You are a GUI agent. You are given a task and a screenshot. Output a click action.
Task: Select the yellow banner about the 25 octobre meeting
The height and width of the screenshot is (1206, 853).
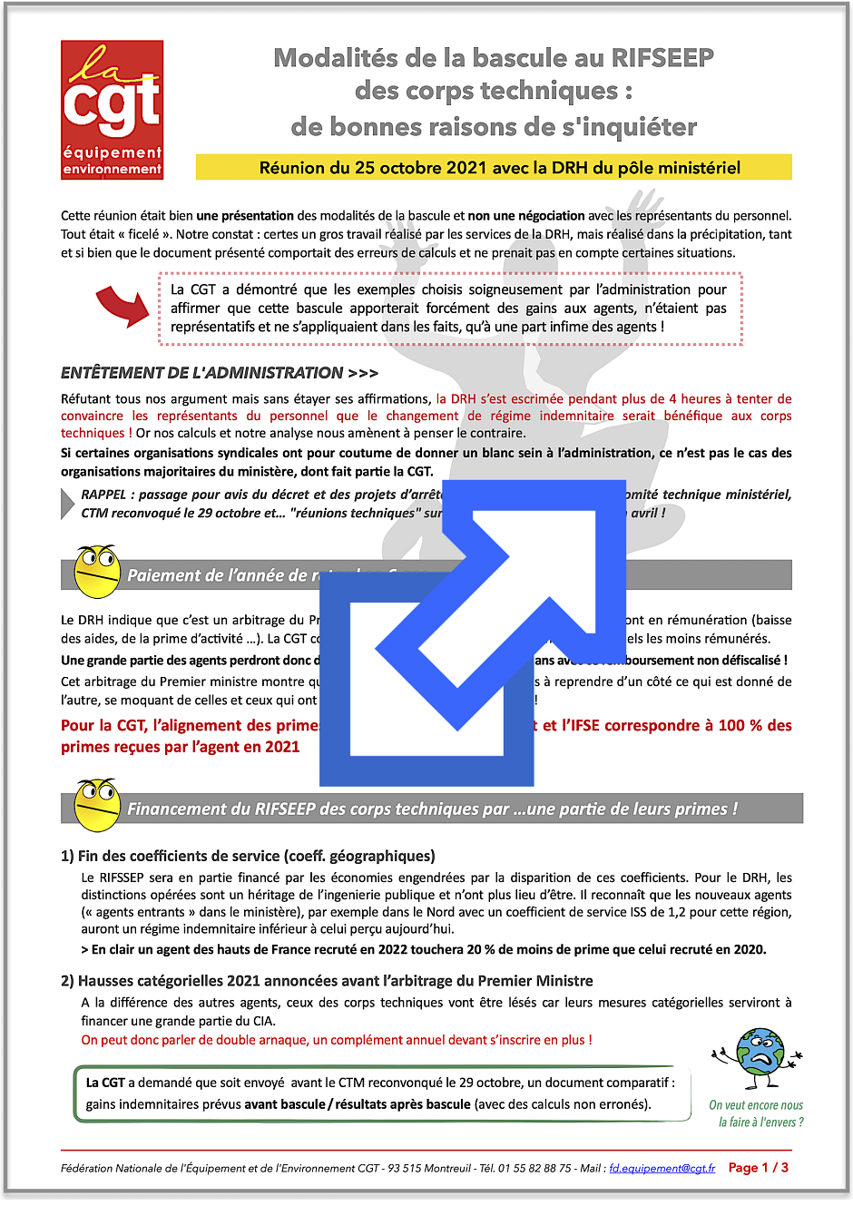coord(494,168)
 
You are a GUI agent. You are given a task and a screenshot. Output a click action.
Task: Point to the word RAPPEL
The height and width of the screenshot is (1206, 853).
coord(103,495)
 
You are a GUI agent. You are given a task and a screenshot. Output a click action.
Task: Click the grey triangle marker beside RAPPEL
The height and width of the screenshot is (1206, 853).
coord(66,504)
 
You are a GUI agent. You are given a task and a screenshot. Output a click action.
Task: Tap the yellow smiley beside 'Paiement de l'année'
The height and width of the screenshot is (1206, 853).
coord(97,573)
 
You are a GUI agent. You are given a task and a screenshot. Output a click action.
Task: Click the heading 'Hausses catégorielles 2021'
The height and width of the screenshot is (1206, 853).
coord(335,981)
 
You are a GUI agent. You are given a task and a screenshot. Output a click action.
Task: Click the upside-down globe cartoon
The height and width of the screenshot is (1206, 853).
coord(759,1058)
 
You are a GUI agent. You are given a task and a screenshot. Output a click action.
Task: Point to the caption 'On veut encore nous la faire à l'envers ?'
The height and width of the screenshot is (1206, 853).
coord(756,1113)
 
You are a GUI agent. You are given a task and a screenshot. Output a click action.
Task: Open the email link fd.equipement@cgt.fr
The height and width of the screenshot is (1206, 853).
coord(662,1169)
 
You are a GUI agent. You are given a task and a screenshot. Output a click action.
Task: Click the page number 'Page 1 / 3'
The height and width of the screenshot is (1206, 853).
coord(758,1168)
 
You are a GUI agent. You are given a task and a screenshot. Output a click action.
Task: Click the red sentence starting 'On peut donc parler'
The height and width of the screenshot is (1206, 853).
coord(336,1040)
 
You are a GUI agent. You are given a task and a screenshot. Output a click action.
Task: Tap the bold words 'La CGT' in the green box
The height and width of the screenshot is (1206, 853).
coord(105,1083)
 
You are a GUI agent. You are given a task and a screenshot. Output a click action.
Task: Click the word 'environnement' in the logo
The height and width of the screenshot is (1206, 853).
coord(112,170)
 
